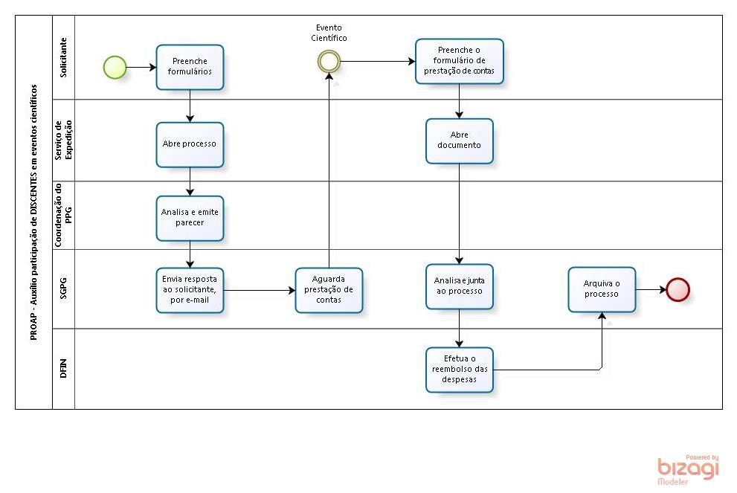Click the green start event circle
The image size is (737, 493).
[115, 68]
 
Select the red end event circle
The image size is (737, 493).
[678, 290]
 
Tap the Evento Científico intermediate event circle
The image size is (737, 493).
[328, 62]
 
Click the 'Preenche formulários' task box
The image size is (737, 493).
[190, 67]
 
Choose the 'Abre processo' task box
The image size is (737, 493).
[190, 144]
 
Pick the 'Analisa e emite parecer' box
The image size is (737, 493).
[190, 218]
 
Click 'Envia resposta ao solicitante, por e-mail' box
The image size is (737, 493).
[190, 290]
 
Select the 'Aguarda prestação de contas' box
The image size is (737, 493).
[329, 290]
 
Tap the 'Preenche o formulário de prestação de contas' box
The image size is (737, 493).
[460, 62]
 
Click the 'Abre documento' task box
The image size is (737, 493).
[460, 141]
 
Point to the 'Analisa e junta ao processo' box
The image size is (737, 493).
[460, 286]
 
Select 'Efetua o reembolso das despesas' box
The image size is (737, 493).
[460, 370]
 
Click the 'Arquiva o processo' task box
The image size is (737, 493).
[602, 289]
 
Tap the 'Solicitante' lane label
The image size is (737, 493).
[63, 57]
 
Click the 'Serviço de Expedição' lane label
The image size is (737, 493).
[63, 141]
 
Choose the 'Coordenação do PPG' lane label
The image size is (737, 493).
[63, 216]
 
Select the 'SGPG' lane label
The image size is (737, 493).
[63, 289]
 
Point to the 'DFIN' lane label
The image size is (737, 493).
[63, 369]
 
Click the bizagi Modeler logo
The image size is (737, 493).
[688, 469]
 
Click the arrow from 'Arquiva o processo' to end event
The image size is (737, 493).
[651, 290]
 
